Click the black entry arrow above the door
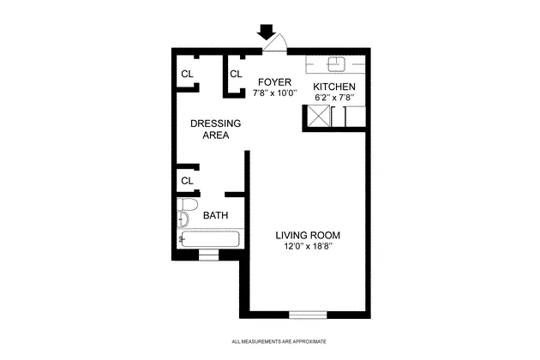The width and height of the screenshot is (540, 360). pos(267,31)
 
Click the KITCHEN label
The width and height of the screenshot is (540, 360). pos(333,87)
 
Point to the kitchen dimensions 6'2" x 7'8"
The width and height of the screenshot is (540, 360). pos(333,98)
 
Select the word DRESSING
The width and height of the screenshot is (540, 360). pos(215,123)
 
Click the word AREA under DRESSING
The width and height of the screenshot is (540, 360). pos(215,135)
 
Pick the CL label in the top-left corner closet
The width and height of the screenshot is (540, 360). pos(186,74)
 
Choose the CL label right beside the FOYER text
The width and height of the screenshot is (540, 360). pos(236,74)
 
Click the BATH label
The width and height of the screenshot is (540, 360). pos(215,216)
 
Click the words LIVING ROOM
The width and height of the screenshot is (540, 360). pos(309,236)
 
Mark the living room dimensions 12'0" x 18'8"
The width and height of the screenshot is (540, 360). pos(309,247)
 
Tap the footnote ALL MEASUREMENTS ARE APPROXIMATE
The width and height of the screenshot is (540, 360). pos(279,341)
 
